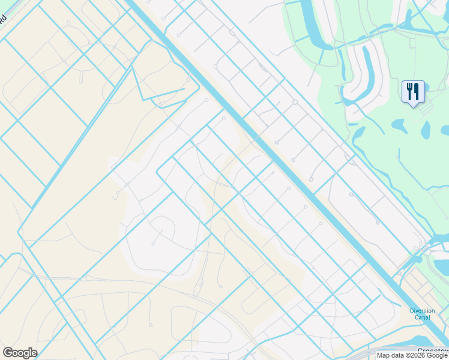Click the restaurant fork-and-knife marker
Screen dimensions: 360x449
click(x=413, y=92)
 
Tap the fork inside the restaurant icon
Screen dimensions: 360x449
click(x=410, y=91)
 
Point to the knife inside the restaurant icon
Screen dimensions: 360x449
click(x=417, y=91)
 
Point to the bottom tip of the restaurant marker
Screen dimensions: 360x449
click(x=413, y=106)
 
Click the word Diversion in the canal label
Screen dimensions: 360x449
click(x=422, y=311)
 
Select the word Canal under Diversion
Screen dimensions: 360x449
click(x=422, y=317)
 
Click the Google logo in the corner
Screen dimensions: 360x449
click(x=20, y=353)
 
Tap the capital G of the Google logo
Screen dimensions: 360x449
click(x=8, y=353)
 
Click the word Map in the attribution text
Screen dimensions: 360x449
click(x=382, y=355)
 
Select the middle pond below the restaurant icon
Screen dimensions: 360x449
click(x=426, y=130)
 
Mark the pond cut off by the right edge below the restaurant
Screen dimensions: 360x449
click(x=445, y=130)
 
